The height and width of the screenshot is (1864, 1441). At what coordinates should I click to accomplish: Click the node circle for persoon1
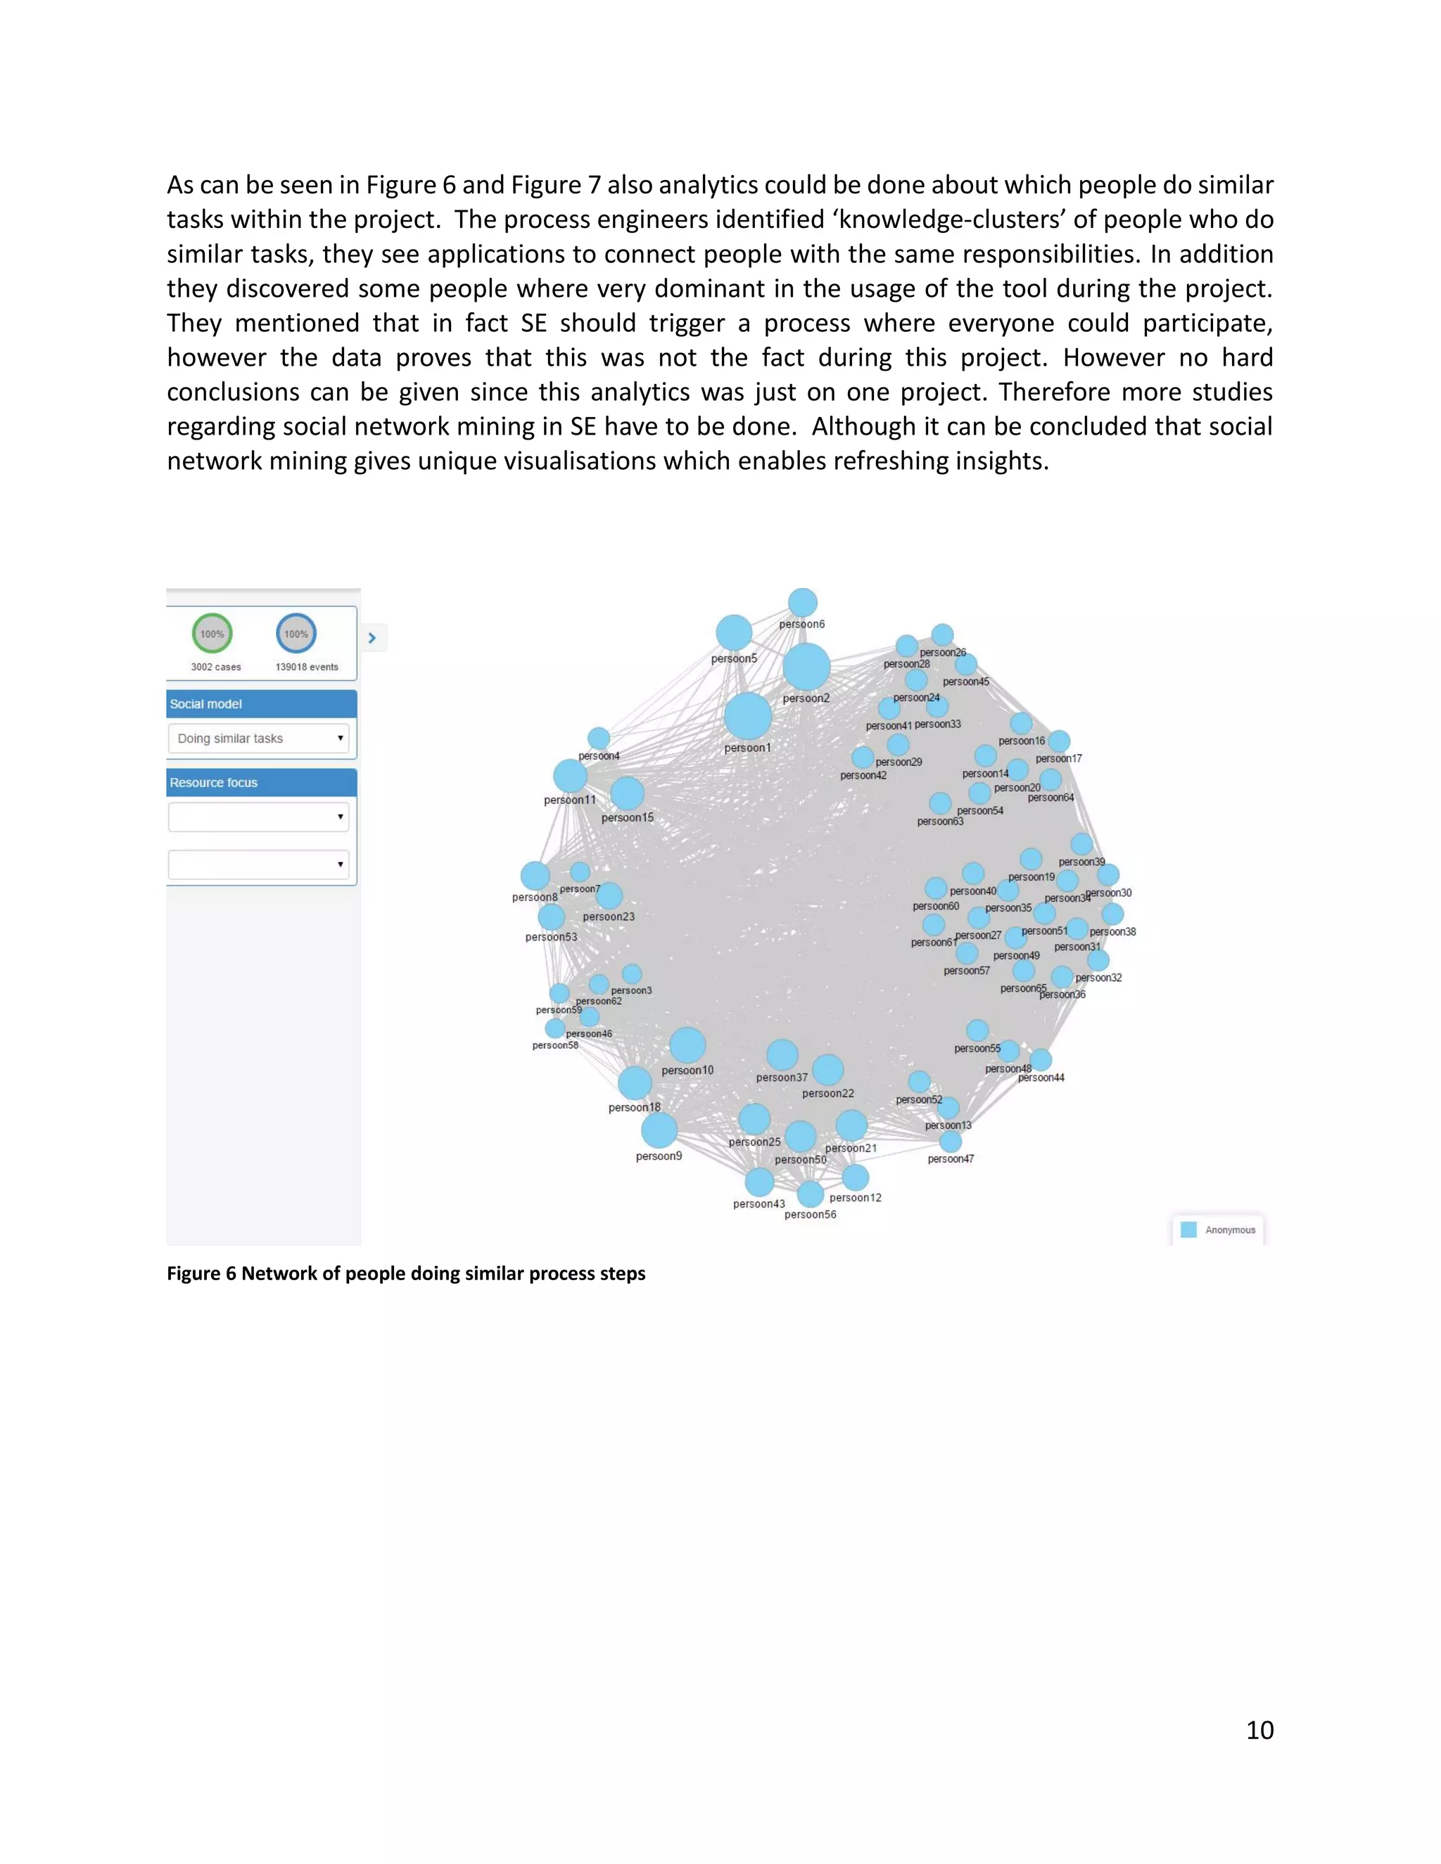748,715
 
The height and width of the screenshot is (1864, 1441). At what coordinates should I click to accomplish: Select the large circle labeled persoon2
806,667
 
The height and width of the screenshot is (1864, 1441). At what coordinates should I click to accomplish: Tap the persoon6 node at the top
802,603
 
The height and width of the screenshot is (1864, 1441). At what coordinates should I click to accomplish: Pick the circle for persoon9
659,1130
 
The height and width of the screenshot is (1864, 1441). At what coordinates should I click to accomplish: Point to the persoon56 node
810,1193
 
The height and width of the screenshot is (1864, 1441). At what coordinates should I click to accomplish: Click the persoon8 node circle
535,876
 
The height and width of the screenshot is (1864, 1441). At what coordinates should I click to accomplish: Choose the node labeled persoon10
687,1045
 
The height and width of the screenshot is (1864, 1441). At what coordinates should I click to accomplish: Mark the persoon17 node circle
1058,741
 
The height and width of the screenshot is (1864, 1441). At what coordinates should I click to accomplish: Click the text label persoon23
609,917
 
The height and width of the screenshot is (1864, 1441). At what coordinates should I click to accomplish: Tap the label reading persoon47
950,1159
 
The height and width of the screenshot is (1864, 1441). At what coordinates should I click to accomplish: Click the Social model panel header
261,704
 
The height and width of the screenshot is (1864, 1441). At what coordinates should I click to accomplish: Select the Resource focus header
261,783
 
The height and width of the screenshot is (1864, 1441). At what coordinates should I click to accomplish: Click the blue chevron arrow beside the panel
372,637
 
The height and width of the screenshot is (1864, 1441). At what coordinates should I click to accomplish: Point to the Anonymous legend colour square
1188,1229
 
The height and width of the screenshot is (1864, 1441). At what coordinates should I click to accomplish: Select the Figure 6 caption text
405,1273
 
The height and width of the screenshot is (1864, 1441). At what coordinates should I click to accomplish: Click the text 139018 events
307,668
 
